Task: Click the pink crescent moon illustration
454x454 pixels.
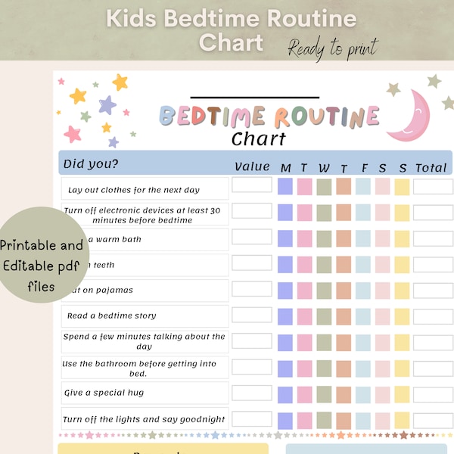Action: coord(411,115)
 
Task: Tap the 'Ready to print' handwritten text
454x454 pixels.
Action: coord(332,48)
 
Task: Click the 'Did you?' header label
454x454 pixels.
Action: coord(91,163)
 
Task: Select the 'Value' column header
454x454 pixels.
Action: coord(252,166)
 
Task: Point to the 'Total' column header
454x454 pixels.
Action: coord(431,167)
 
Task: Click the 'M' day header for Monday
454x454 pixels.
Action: coord(285,167)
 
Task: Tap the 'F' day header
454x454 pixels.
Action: coord(363,167)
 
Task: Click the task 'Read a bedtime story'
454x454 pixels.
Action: coord(112,316)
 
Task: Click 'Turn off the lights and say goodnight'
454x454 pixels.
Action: coord(144,419)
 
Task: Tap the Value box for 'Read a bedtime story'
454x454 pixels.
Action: coord(252,313)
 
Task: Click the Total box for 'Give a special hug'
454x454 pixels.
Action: coord(433,392)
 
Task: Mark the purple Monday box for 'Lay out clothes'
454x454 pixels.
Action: coord(285,187)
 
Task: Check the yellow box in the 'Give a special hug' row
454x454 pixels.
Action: coord(402,393)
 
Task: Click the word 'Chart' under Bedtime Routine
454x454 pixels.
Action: coord(259,139)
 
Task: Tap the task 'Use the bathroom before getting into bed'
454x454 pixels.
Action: coord(139,368)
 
